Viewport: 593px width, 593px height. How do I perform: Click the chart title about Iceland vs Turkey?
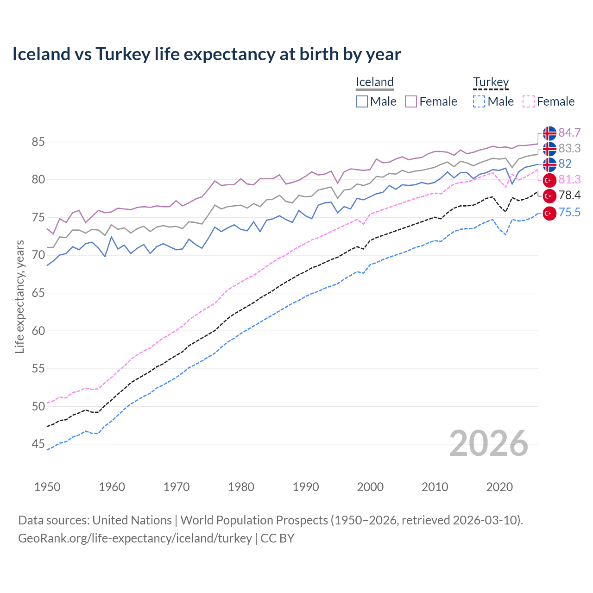coord(207,54)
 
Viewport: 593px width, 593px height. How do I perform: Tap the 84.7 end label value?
coord(569,132)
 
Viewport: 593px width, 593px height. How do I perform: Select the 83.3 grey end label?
coord(569,148)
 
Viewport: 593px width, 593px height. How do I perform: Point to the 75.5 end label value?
coord(569,212)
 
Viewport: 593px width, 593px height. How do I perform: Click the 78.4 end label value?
coord(569,195)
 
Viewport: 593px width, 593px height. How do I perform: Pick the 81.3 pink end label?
coord(569,179)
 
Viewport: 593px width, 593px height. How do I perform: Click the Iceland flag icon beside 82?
coord(549,164)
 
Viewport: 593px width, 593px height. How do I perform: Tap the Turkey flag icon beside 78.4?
coord(549,196)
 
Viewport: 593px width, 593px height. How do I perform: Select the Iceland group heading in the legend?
coord(374,82)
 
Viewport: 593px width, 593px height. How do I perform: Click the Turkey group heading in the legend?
coord(491,82)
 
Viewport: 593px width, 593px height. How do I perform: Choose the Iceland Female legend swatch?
coord(411,101)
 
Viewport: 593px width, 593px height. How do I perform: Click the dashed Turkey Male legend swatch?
coord(479,101)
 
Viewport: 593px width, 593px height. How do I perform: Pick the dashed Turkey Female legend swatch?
coord(529,101)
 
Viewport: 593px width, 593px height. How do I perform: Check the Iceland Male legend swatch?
coord(362,101)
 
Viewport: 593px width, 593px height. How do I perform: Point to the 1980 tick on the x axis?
coord(241,487)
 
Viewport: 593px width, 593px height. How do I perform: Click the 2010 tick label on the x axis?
coord(435,487)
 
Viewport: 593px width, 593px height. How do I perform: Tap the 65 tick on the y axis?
coord(38,293)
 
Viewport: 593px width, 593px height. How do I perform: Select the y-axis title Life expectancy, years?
coord(19,296)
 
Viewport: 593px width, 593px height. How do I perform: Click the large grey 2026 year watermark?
coord(488,443)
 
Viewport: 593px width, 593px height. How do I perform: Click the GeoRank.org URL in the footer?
coord(135,538)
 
